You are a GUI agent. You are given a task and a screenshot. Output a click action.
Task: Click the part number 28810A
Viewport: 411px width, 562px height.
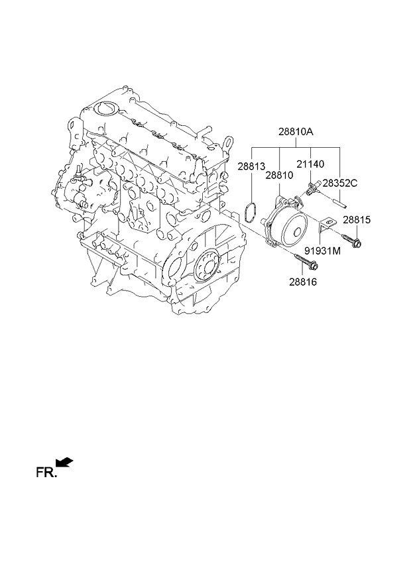(x=296, y=133)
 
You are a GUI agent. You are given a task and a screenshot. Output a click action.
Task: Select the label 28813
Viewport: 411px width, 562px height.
(x=251, y=166)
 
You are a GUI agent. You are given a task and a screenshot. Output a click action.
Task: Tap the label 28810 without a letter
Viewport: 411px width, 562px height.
(x=279, y=175)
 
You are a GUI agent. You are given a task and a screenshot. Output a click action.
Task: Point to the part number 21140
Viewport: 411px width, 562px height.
(x=310, y=164)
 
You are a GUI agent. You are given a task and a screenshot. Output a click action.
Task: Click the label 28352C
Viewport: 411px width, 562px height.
(x=340, y=183)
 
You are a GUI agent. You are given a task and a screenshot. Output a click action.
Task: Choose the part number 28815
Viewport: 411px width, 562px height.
(x=357, y=220)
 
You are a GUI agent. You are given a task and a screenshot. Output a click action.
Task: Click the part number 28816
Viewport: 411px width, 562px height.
(x=303, y=282)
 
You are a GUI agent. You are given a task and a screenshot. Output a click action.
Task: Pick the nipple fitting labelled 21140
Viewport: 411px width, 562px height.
(x=311, y=188)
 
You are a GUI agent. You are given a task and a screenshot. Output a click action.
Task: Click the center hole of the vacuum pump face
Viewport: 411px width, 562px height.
(x=296, y=232)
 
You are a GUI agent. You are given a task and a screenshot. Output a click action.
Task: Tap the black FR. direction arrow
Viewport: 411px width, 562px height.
(x=64, y=462)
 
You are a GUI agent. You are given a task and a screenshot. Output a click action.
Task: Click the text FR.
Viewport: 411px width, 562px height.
(x=46, y=473)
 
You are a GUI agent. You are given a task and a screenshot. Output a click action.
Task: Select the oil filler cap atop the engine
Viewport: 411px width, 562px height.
(x=107, y=108)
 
